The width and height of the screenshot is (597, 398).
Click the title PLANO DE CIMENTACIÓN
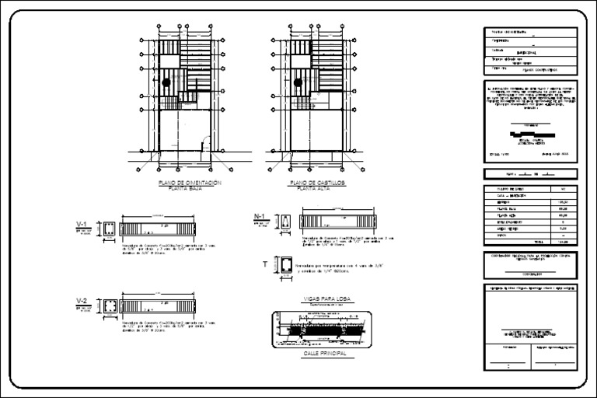tap(190, 183)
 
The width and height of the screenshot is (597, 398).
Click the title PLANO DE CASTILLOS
tap(316, 183)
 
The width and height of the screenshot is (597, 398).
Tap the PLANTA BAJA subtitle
tap(190, 189)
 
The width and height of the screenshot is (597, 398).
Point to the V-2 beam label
tap(81, 300)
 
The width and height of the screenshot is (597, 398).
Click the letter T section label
tap(265, 265)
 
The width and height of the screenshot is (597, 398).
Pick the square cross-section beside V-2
tap(110, 305)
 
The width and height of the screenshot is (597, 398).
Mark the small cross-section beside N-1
tap(288, 222)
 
